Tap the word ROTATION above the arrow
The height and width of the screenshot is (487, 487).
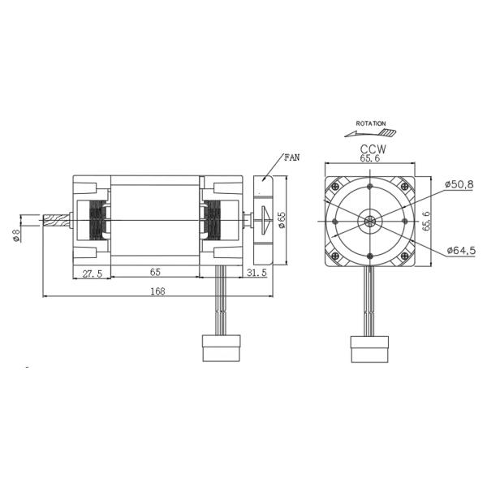[x=371, y=123]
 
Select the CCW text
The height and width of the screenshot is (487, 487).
[x=371, y=149]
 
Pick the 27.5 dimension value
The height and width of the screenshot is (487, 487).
[x=93, y=274]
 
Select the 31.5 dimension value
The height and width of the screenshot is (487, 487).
[x=257, y=274]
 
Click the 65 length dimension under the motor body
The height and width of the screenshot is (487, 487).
[x=154, y=274]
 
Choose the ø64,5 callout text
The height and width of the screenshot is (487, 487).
[x=459, y=251]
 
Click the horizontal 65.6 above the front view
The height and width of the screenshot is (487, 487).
[x=371, y=161]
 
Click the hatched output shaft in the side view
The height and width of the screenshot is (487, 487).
[x=56, y=220]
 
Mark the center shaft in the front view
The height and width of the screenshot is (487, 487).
[x=370, y=221]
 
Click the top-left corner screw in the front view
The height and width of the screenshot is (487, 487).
[x=334, y=183]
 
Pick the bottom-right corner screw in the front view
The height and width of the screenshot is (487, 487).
[x=407, y=258]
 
